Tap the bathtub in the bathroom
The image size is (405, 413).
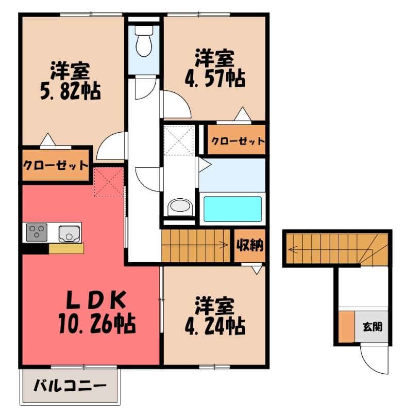click(231, 209)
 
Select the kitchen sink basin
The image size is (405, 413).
click(69, 233)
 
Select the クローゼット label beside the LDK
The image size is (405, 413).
click(55, 166)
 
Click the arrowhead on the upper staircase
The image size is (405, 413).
click(225, 245)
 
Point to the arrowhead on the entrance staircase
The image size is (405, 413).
click(292, 250)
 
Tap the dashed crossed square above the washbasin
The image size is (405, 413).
click(178, 138)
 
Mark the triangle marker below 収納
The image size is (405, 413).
click(256, 269)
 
